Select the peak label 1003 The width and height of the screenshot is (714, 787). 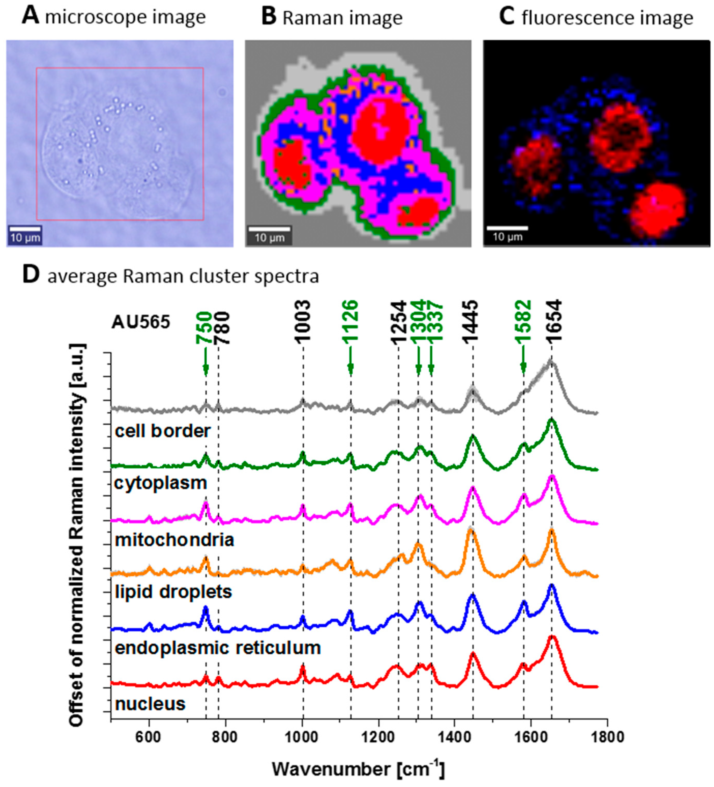click(303, 323)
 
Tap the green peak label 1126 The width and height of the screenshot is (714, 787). click(350, 323)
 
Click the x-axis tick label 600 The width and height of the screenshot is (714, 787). click(149, 738)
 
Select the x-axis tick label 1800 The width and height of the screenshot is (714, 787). click(607, 738)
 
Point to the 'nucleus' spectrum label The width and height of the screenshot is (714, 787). click(150, 704)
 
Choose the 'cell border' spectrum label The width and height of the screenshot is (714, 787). click(163, 431)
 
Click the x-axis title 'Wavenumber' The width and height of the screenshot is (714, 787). click(331, 769)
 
